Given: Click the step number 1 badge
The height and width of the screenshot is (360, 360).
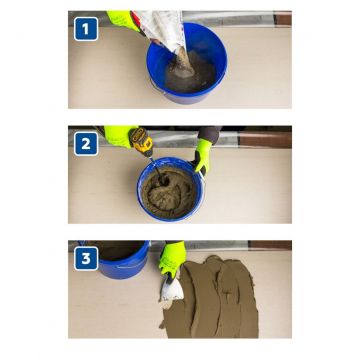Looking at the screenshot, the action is tap(86, 29).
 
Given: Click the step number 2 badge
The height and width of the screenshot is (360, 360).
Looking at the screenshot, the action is tap(86, 144).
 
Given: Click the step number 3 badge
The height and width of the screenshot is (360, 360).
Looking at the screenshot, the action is tap(86, 258).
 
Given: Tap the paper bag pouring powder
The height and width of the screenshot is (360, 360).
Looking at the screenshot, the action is tap(160, 28).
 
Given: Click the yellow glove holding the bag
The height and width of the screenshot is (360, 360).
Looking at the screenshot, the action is tap(123, 20).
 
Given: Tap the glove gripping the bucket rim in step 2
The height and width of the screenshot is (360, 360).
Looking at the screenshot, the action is tap(203, 156).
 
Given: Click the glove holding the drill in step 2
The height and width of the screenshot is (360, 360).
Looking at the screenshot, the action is tap(119, 136).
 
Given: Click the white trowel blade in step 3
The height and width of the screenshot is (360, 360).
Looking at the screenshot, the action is tap(172, 289).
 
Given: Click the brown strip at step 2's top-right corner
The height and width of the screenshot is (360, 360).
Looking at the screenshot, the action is tap(265, 140).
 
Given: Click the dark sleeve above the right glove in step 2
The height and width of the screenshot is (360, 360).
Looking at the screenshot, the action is tap(209, 133).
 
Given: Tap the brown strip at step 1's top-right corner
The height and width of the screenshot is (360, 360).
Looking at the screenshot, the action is tap(283, 18).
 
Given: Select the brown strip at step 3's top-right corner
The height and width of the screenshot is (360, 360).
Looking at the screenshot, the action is tap(270, 245).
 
